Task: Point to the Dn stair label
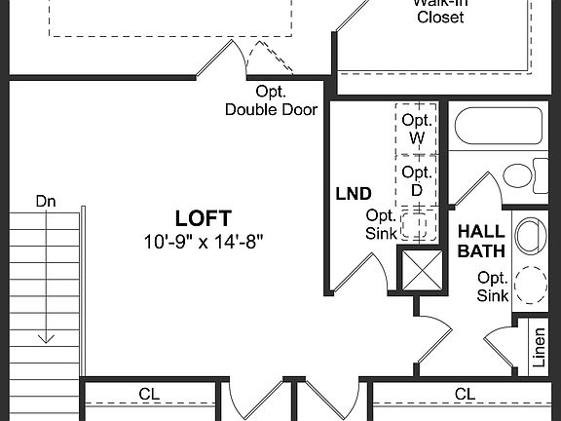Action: tap(46, 201)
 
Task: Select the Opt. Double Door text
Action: tap(271, 100)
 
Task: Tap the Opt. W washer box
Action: tap(417, 129)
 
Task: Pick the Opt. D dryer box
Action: tap(417, 181)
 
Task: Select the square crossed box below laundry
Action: tap(422, 270)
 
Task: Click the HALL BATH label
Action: tap(480, 241)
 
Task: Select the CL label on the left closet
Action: tap(149, 395)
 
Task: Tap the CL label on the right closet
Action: tap(466, 395)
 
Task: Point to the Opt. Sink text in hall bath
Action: tap(491, 285)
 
